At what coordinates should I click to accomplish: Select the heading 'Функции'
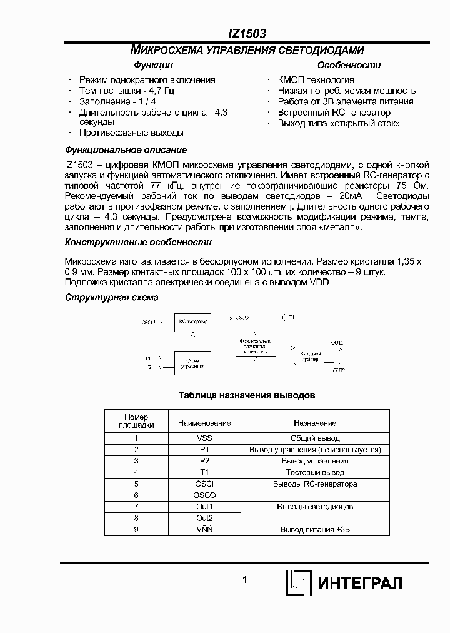coord(153,65)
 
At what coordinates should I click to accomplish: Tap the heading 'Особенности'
coord(340,65)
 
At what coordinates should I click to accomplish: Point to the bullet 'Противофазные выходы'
coord(131,133)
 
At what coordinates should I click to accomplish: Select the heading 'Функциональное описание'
coord(126,150)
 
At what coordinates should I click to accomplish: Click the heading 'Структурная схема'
coord(112,298)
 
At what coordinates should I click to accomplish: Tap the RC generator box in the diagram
coord(194,321)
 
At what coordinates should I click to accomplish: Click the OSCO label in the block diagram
coord(242,318)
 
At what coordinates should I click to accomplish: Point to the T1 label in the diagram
coord(291,318)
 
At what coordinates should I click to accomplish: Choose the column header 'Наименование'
coord(204,423)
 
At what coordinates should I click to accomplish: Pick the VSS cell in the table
coord(204,438)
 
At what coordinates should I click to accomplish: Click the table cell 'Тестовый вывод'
coord(315,472)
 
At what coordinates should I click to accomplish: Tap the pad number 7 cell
coord(136,506)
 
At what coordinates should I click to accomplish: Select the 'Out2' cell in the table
coord(204,517)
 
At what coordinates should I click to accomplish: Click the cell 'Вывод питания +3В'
coord(315,529)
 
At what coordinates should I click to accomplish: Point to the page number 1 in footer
coord(245,580)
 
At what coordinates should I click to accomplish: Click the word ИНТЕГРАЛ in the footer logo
coord(361,584)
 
